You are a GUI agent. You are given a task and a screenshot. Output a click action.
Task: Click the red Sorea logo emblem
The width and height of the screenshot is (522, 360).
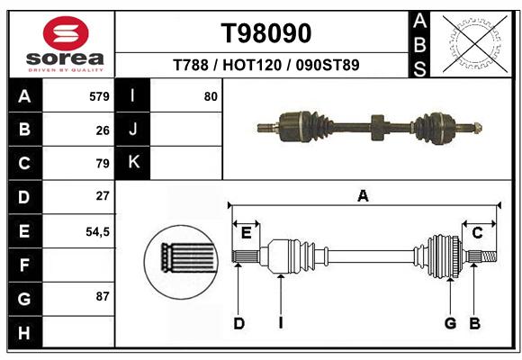click(66, 33)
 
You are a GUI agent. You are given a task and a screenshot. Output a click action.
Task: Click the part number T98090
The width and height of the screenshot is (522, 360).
click(266, 33)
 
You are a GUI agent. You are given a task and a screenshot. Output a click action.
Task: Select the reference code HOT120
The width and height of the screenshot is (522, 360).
click(252, 65)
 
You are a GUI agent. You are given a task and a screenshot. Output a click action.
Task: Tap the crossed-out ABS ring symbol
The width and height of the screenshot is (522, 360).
click(475, 44)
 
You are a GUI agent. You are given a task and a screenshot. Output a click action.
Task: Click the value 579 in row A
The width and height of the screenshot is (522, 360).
click(99, 96)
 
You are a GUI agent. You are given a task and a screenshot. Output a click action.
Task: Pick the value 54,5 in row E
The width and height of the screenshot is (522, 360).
click(97, 231)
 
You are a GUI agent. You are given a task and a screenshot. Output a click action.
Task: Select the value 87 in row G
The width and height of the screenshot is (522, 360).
click(103, 296)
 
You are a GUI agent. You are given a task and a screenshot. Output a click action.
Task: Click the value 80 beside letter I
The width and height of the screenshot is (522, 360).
click(211, 96)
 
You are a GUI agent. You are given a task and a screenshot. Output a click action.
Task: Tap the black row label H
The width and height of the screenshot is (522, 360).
click(25, 332)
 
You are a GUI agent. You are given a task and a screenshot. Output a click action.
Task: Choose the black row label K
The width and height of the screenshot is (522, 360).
click(133, 163)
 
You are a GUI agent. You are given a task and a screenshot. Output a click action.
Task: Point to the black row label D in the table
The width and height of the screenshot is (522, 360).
click(25, 197)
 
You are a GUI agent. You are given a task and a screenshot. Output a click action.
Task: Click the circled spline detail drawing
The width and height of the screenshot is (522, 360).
click(181, 262)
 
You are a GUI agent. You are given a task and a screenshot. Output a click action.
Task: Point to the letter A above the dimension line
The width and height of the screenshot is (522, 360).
click(363, 196)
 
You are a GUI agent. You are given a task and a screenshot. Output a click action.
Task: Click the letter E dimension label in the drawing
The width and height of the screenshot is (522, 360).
click(246, 233)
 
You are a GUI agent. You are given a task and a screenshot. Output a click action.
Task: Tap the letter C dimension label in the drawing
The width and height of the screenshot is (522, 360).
click(477, 233)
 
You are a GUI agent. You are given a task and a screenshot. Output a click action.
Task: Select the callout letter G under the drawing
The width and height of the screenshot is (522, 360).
click(450, 323)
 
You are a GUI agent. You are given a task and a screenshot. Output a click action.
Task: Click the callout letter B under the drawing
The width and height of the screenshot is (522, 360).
click(474, 323)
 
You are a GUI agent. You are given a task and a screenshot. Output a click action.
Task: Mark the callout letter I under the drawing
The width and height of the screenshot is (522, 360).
click(281, 323)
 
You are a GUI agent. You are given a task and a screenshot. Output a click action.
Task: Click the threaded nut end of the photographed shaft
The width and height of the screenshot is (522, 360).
click(477, 128)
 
